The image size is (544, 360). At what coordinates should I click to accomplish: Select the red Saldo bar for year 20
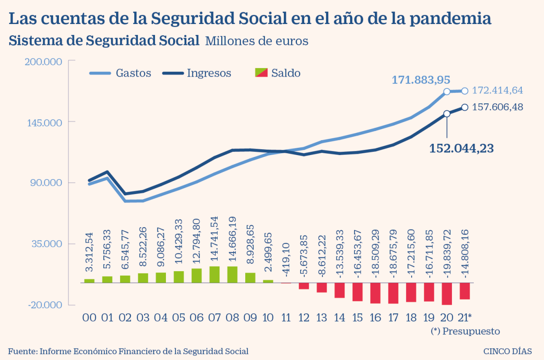point(447,293)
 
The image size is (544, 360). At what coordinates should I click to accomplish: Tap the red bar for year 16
point(375,293)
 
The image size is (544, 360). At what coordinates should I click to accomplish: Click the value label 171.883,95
point(421,80)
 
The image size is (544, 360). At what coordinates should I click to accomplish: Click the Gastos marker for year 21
point(465,91)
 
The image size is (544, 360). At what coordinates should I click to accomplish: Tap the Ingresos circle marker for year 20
point(447,113)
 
